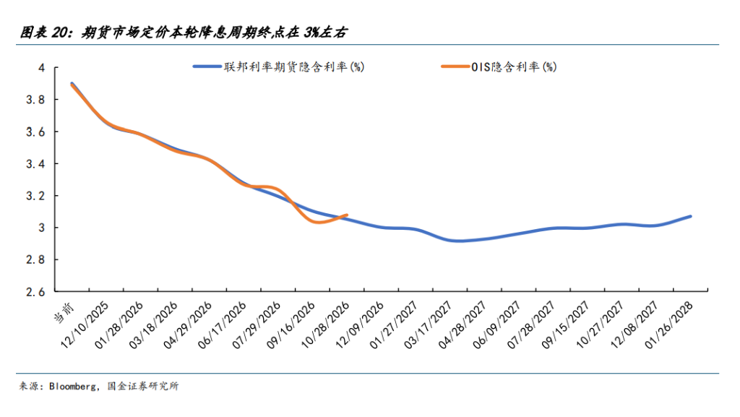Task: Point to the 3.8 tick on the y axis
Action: tap(35, 100)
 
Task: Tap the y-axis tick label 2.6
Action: tap(35, 292)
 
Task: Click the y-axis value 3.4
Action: tap(35, 164)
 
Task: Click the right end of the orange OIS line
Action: tap(348, 215)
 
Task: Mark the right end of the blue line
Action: tap(691, 216)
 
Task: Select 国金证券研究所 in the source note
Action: tap(142, 387)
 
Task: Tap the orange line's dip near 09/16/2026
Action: tap(317, 222)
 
